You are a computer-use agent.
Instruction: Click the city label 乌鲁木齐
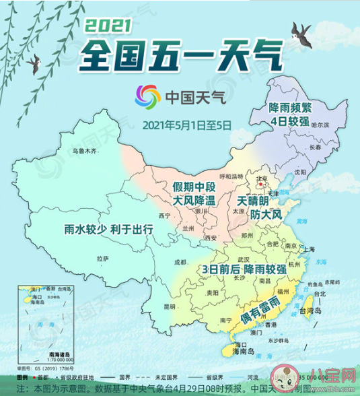coord(85,150)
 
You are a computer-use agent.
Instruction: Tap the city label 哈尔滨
coord(320,125)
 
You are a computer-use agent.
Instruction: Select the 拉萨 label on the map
coord(102,258)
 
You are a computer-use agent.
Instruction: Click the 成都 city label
coord(180,261)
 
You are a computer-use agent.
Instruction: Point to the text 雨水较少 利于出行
coord(108,229)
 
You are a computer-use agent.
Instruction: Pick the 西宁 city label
coord(165,216)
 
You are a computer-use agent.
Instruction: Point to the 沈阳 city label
coord(302,172)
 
